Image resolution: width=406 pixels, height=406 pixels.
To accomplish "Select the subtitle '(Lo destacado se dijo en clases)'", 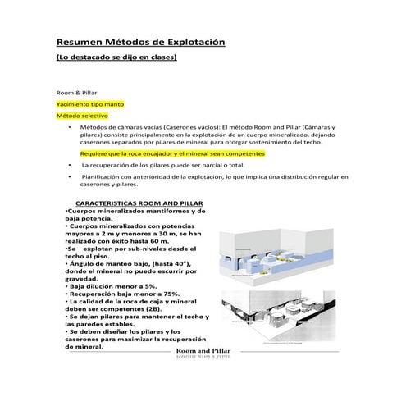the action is tap(116, 58).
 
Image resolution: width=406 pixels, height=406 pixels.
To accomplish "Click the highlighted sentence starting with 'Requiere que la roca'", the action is tap(164, 153).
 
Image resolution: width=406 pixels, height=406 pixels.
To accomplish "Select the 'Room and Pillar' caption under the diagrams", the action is tap(204, 351).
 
